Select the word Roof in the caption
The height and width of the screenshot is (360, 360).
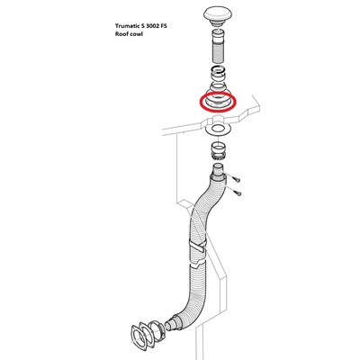point(121,34)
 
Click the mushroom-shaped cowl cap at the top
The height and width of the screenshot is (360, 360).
point(218,15)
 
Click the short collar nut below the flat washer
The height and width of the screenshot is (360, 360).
point(219,152)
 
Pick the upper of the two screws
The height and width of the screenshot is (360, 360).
point(236,179)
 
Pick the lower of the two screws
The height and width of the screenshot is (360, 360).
point(237,193)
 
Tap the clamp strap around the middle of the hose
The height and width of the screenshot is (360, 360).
point(198,246)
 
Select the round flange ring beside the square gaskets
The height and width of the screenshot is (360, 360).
point(157,331)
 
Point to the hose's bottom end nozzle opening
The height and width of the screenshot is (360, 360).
point(168,327)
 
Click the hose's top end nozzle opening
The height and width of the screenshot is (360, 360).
point(219,166)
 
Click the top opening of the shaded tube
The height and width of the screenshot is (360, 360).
point(219,32)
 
